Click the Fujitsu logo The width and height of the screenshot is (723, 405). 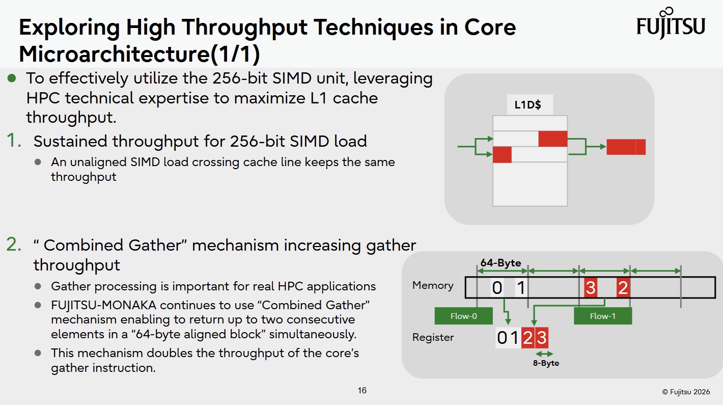coord(671,23)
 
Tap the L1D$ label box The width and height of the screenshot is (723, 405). coord(530,104)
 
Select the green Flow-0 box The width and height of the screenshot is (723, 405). coord(463,316)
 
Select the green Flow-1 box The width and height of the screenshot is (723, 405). coord(603,316)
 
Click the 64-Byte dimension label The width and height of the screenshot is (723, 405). coord(500,262)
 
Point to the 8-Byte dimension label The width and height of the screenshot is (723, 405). coord(546,363)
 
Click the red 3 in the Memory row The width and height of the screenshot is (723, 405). coord(590,287)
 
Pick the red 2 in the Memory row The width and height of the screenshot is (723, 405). coord(623,287)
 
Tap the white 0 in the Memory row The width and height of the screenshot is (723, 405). coord(497,287)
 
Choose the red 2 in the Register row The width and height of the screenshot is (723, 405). coord(527,338)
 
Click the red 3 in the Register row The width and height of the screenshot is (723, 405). coord(541,338)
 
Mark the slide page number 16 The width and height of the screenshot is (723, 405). coord(362,390)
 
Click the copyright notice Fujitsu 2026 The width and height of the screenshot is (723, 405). coord(686,392)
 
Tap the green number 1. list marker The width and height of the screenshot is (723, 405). coord(14,141)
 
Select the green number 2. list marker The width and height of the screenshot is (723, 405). coord(14,245)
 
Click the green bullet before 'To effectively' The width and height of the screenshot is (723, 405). coord(12,78)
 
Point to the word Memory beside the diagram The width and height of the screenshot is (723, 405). coord(433,285)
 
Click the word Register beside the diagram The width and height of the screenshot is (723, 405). coord(433,337)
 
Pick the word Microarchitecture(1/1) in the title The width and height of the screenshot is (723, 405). coord(140,53)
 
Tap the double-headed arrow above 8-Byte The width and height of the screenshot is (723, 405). coord(544,354)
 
